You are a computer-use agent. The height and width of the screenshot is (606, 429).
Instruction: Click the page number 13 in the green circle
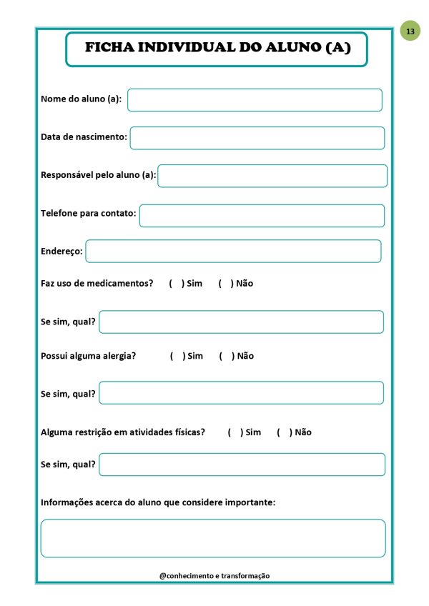tap(410, 31)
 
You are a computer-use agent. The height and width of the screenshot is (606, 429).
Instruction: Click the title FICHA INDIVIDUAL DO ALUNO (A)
tap(217, 49)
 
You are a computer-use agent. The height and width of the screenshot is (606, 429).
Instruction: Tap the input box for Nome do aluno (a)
tap(255, 100)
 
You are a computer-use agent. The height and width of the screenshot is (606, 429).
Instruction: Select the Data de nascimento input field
tap(257, 138)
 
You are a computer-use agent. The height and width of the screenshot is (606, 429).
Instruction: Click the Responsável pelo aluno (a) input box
tap(272, 176)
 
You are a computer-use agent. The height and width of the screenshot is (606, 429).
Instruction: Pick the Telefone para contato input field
tap(262, 216)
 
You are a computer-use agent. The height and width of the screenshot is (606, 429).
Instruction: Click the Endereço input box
tap(233, 251)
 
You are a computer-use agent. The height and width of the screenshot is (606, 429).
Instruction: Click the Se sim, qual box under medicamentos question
tap(241, 322)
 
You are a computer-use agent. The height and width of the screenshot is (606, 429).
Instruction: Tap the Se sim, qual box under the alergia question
tap(241, 392)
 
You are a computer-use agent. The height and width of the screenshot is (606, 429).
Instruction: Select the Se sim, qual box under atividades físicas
tap(242, 465)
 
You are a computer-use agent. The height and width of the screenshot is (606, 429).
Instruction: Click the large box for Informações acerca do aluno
tap(213, 538)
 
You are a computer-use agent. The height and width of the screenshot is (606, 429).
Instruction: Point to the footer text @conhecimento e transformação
tap(214, 576)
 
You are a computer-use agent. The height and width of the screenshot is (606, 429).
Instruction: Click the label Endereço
tap(61, 251)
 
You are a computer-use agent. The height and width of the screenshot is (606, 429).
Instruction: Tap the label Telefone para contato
tap(88, 213)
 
